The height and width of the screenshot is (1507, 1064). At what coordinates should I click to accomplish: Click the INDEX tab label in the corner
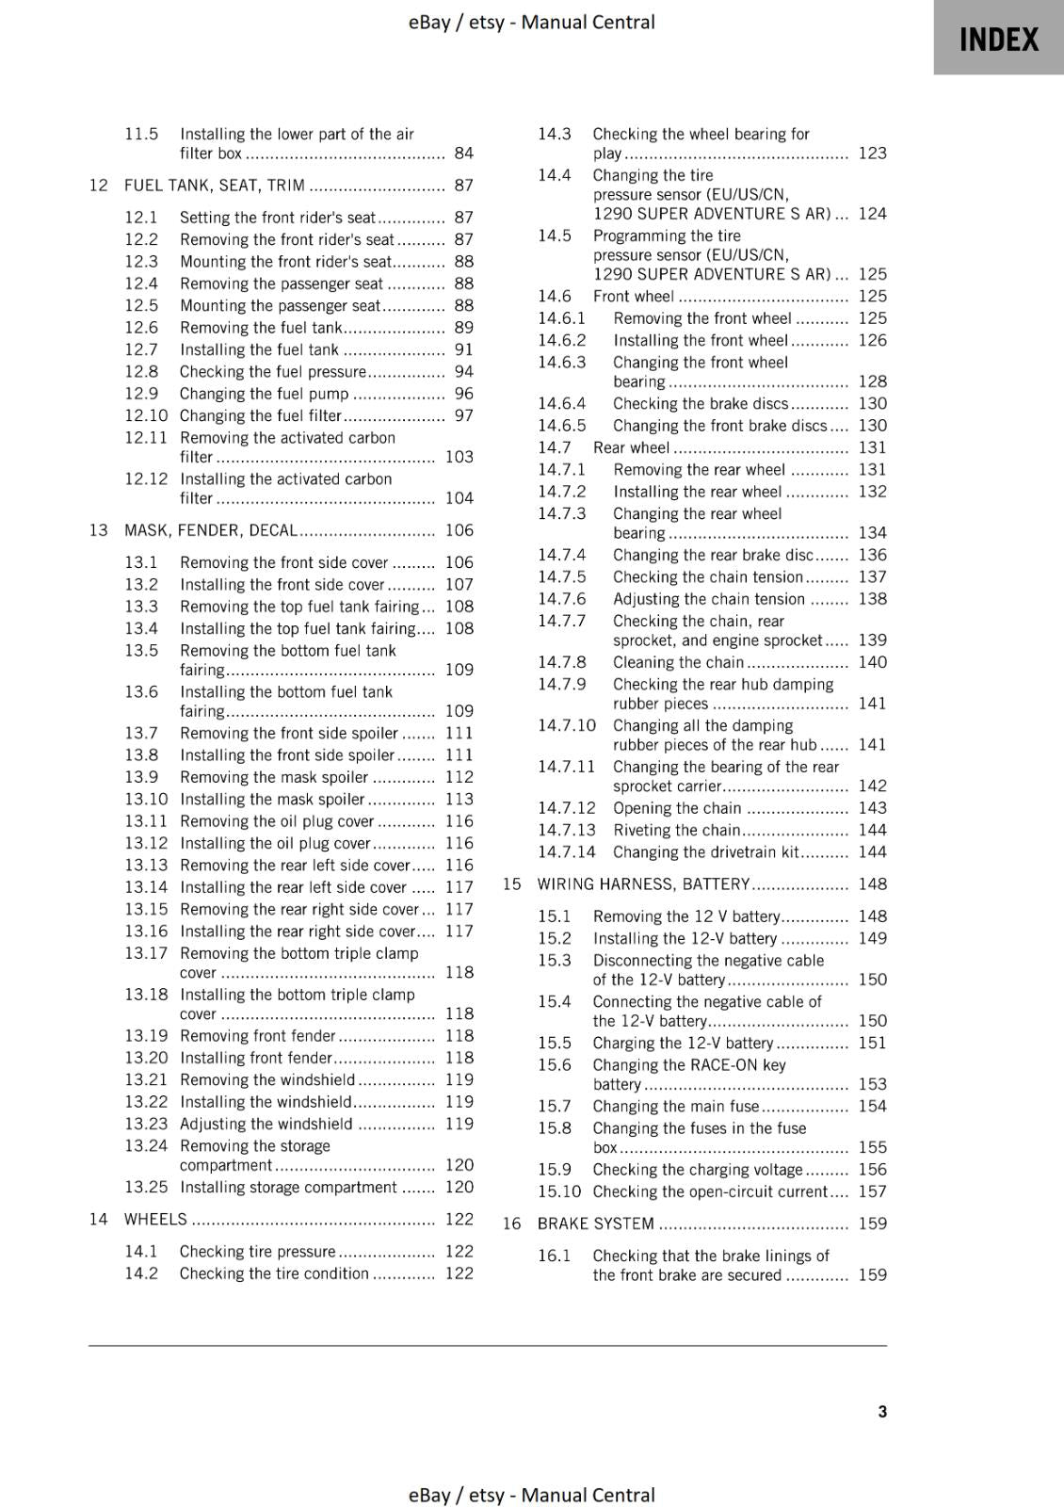[998, 40]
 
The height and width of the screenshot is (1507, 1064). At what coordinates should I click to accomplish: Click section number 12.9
[141, 394]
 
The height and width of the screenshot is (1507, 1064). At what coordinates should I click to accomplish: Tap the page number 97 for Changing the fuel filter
[463, 415]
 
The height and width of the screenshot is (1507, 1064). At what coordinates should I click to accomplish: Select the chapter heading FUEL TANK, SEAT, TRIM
[214, 186]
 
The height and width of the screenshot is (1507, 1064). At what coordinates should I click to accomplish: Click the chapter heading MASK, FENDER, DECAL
[211, 530]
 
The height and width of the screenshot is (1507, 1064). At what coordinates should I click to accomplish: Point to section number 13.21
[146, 1079]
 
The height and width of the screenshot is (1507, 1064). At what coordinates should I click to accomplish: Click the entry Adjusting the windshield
[266, 1124]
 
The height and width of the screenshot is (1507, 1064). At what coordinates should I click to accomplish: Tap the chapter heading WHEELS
[155, 1219]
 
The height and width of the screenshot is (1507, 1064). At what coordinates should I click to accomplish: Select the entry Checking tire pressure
[257, 1251]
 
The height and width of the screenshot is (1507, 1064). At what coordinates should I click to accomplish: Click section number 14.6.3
[561, 363]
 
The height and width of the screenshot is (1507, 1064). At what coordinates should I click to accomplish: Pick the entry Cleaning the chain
[678, 662]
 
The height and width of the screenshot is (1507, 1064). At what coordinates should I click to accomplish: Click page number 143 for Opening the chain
[872, 808]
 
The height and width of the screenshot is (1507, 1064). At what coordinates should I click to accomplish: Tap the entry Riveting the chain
[676, 830]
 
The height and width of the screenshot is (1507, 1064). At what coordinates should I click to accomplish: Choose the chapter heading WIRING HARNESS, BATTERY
[643, 884]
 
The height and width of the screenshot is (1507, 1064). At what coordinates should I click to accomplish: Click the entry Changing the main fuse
[675, 1106]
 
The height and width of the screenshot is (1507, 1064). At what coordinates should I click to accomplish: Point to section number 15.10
[559, 1191]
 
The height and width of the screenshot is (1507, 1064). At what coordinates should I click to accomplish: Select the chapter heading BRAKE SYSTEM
[595, 1223]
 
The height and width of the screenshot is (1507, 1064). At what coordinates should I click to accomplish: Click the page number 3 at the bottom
[882, 1411]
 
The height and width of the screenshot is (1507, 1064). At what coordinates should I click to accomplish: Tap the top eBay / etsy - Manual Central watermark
[531, 22]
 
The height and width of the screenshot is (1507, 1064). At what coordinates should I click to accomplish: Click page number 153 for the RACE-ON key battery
[872, 1084]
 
